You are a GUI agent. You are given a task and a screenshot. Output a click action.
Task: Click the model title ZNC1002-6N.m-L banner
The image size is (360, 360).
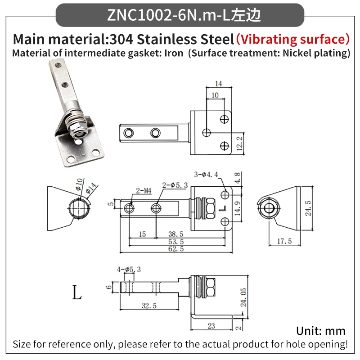[180, 15]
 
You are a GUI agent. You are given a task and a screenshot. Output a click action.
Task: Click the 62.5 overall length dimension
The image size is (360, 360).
[176, 249]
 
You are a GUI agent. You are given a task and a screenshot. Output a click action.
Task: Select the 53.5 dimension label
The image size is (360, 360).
[176, 242]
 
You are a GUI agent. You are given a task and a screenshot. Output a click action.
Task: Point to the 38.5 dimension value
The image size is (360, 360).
[175, 234]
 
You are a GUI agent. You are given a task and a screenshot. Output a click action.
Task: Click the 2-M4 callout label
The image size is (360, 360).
[144, 191]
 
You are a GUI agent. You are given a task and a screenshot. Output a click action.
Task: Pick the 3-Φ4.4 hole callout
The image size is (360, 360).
[206, 175]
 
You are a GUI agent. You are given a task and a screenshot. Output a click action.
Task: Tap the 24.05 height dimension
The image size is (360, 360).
[243, 297]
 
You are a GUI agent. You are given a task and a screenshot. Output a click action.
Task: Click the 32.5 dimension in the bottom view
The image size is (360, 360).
[149, 306]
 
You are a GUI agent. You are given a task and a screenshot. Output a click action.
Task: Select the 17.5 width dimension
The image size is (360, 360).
[284, 241]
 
